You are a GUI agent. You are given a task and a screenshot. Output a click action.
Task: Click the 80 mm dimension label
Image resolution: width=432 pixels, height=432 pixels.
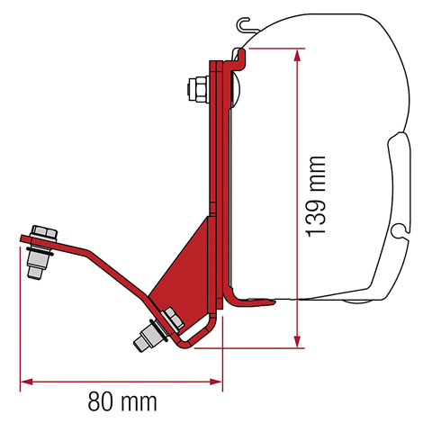tap(119, 400)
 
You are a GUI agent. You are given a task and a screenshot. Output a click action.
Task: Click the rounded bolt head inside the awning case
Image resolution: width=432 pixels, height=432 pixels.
tap(235, 87)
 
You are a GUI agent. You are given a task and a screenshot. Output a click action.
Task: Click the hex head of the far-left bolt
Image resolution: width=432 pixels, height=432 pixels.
tap(39, 232)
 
